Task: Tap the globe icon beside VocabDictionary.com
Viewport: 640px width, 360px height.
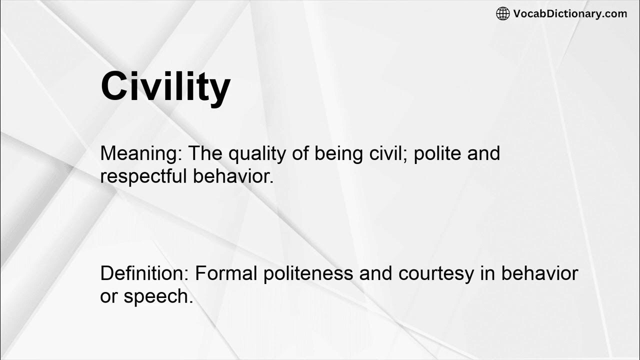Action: tap(502, 14)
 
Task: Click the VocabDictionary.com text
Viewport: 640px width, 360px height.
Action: tap(570, 14)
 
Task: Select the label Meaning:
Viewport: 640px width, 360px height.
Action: tap(141, 153)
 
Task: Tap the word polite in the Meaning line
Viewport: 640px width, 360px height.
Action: tap(438, 153)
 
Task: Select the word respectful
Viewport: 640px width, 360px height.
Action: tap(144, 177)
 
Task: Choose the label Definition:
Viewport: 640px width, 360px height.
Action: tap(144, 273)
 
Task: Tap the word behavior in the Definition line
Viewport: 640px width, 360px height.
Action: tap(539, 273)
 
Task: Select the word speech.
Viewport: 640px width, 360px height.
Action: tap(158, 297)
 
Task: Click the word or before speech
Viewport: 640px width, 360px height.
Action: tap(108, 297)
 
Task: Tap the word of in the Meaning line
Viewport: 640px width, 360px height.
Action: tap(302, 153)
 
